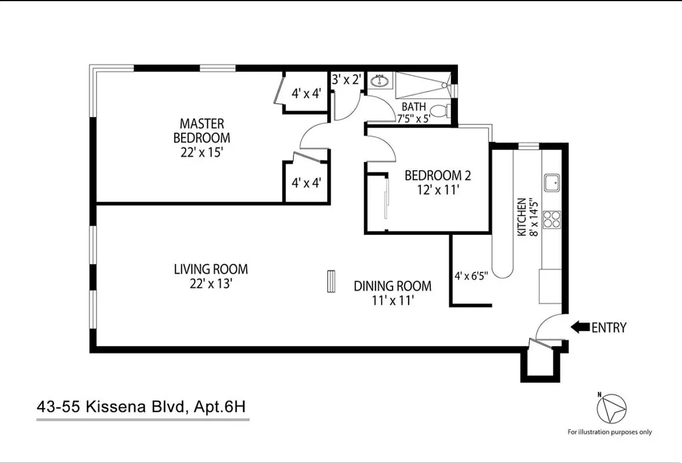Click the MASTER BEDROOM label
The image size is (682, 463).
201,131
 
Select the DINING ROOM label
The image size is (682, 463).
393,286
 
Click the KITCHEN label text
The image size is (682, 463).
522,216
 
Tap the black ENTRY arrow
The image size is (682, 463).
580,328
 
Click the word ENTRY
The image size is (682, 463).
609,328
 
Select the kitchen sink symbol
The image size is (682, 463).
551,183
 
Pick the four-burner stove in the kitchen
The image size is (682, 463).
551,219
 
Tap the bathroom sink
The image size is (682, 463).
380,80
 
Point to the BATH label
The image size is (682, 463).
413,107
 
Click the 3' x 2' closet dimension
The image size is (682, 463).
346,80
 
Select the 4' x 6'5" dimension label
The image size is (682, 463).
471,276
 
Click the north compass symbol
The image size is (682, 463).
612,407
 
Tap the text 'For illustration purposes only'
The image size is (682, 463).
610,432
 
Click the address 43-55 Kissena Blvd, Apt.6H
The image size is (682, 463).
142,407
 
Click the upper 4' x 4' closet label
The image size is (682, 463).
306,93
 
